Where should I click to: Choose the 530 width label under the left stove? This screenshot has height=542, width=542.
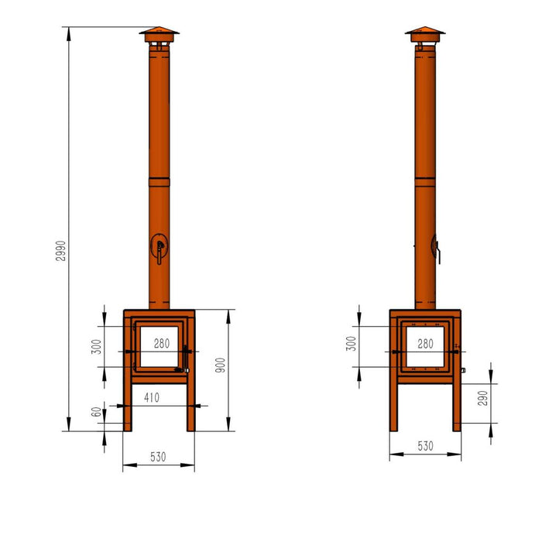click(157, 458)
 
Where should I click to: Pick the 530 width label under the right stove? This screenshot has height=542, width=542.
click(425, 447)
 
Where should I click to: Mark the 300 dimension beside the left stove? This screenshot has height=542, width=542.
click(97, 346)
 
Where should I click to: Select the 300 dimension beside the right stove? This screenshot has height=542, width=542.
click(352, 344)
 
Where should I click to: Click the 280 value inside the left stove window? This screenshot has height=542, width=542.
click(161, 343)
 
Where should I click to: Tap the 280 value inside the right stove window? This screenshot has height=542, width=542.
click(425, 343)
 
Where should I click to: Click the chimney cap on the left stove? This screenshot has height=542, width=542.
click(159, 34)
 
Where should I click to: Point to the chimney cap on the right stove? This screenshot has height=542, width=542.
click(424, 34)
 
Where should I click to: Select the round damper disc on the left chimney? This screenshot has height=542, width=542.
click(159, 247)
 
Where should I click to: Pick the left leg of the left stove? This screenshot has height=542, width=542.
click(128, 406)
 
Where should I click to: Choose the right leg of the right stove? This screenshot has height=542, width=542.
click(457, 406)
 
